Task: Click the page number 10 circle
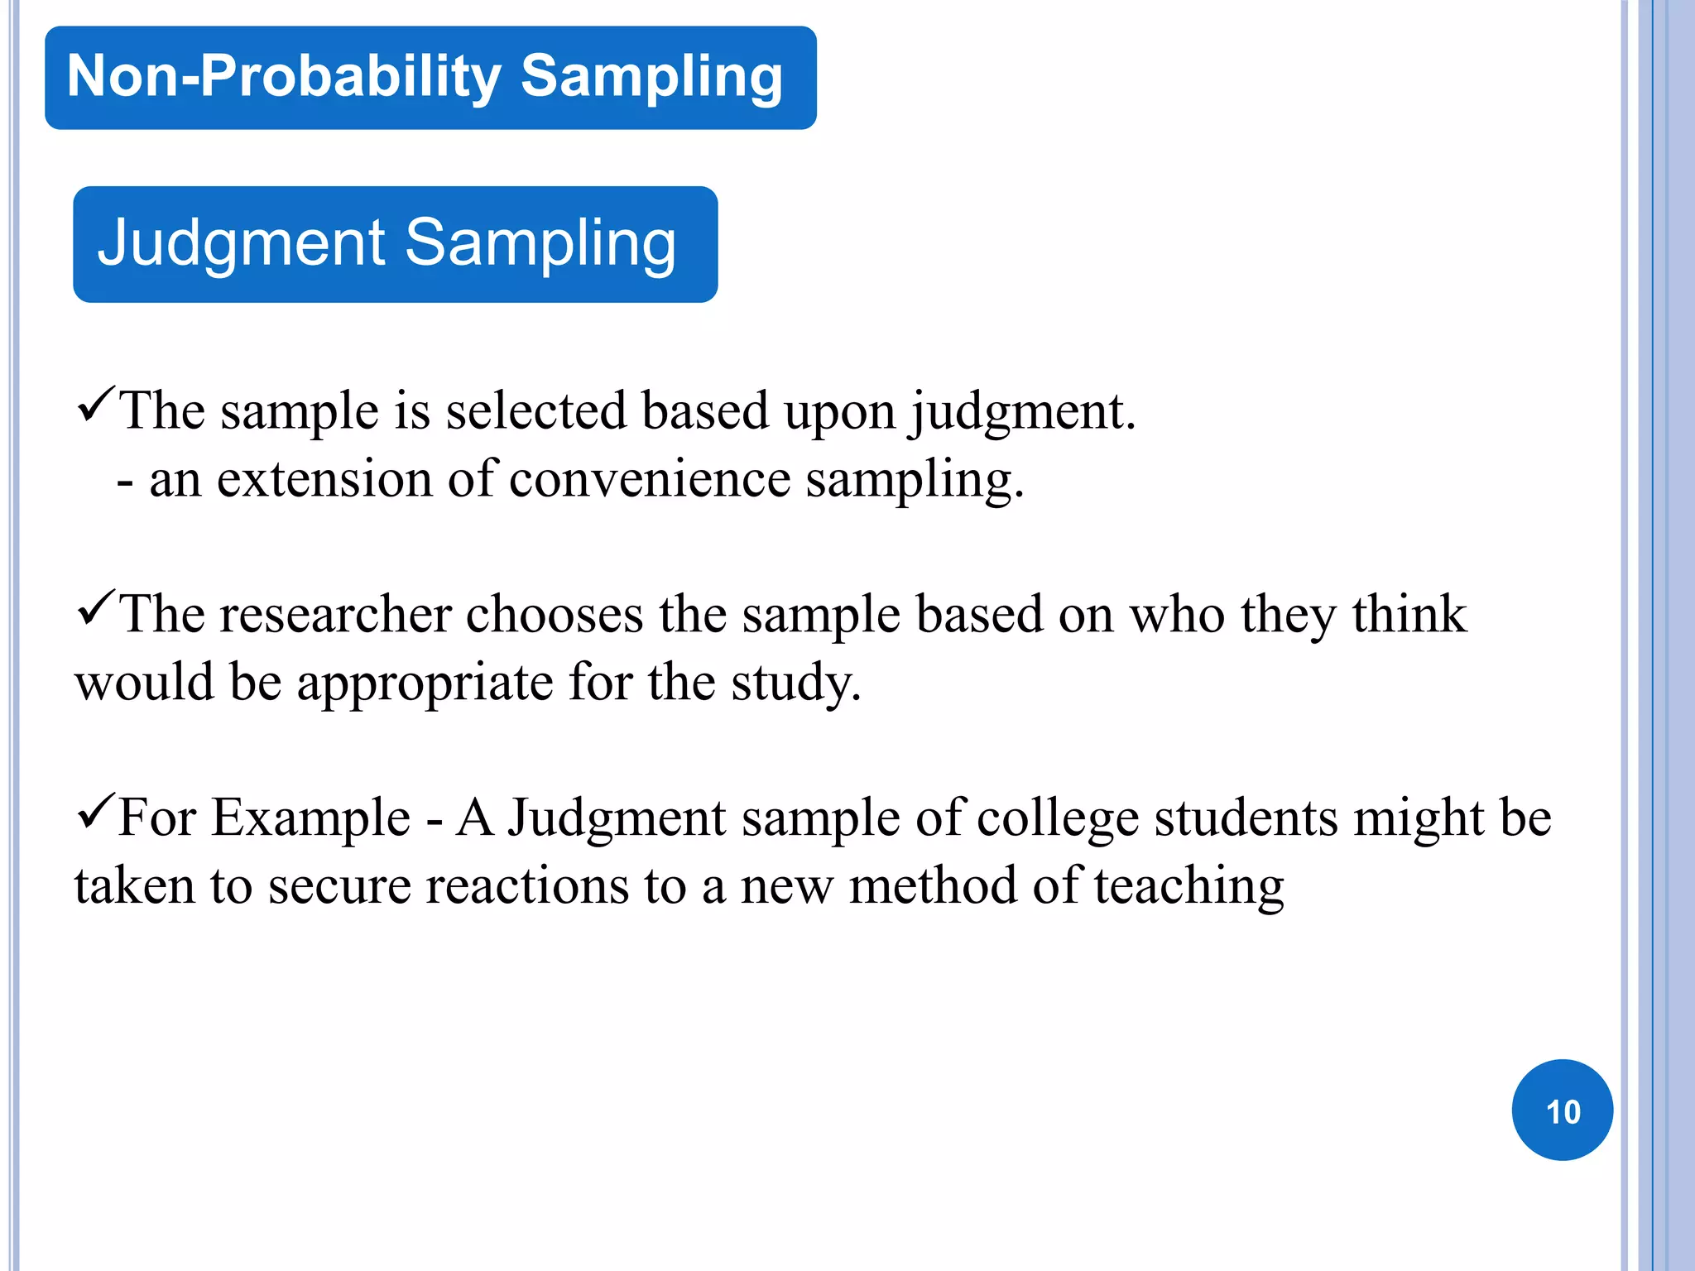(1562, 1110)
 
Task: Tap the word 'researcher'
(335, 616)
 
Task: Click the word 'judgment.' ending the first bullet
(1023, 412)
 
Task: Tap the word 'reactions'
(527, 887)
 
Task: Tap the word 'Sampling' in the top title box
(651, 76)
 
